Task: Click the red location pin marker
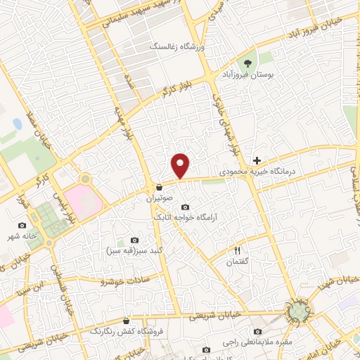click(181, 165)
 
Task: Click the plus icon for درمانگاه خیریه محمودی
click(257, 161)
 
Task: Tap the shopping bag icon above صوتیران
click(160, 188)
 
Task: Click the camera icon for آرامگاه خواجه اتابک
click(185, 207)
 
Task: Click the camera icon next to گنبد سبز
click(135, 240)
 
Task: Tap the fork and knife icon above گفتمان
click(237, 250)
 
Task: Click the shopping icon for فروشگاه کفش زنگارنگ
click(126, 321)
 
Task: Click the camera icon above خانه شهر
click(21, 225)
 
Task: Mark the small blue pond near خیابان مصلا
click(17, 124)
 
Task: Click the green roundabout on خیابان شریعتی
click(300, 311)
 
